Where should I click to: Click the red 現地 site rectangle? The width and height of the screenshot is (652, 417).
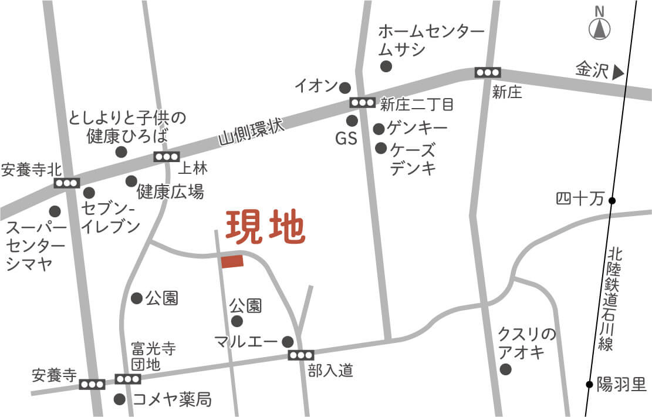232,261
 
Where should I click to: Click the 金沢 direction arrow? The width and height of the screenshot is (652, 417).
617,73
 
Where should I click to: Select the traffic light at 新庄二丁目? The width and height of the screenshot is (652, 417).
362,103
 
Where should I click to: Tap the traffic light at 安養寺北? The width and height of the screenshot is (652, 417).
66,183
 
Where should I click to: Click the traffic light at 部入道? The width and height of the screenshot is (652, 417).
301,355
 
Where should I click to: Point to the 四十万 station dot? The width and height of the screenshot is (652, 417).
612,201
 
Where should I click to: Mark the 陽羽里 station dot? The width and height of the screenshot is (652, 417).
589,385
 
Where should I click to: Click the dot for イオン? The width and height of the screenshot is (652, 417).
345,88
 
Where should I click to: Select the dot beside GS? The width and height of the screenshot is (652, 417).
352,121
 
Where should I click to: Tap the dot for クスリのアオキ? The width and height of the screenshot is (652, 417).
505,369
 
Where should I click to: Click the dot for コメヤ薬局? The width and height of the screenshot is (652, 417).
120,399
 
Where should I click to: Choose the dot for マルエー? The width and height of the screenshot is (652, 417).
288,341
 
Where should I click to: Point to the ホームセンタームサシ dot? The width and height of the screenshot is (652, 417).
386,66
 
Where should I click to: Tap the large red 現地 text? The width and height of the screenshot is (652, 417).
266,227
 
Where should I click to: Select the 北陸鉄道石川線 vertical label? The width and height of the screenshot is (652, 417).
614,300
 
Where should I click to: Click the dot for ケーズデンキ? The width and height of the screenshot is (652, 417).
381,148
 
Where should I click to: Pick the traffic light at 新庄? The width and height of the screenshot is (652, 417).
488,72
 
